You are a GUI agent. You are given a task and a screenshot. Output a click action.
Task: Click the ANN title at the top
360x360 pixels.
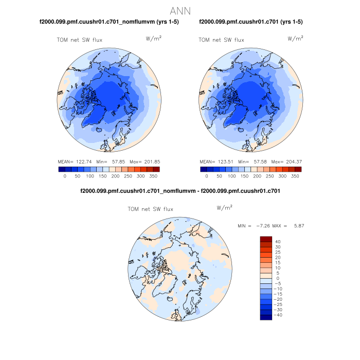(x=180, y=10)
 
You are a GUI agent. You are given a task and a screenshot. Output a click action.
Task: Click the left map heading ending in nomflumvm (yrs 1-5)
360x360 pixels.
(x=109, y=22)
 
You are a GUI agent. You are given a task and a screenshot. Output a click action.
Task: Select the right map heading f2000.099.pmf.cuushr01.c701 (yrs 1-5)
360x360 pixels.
(x=250, y=22)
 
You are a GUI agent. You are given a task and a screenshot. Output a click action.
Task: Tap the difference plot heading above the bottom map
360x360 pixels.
(x=180, y=191)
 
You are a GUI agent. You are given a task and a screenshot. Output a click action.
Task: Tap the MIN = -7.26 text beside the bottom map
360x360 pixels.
(x=255, y=226)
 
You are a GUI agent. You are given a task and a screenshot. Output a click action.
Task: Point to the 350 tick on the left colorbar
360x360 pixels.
(x=153, y=176)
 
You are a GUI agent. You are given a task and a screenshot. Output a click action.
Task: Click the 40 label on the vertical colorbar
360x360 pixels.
(x=277, y=242)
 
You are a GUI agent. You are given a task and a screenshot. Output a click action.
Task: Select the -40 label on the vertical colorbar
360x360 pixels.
(x=278, y=315)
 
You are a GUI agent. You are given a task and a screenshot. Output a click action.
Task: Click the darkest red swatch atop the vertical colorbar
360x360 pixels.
(x=266, y=239)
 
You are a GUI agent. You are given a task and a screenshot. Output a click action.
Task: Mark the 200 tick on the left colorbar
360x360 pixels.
(x=115, y=176)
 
